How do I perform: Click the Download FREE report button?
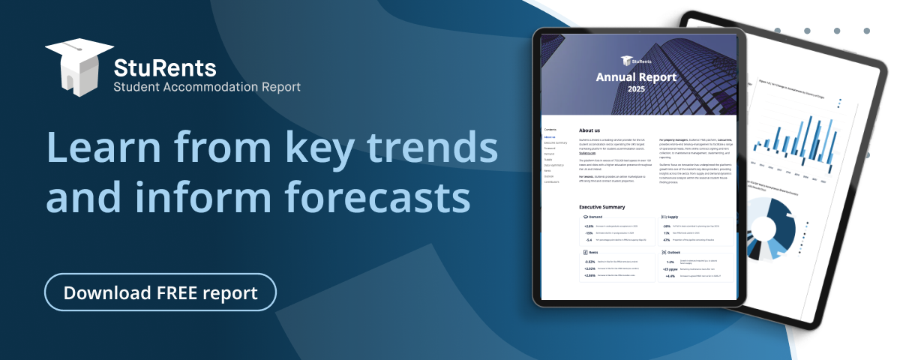tap(160, 292)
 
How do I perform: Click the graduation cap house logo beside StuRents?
tap(75, 68)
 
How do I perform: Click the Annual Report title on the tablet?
tap(636, 76)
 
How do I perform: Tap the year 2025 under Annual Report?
tap(636, 90)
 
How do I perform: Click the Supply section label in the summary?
tap(673, 217)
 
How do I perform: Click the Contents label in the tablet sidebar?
tap(550, 130)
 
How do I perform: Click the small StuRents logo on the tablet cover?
tap(636, 61)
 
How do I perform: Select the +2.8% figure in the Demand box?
tap(589, 226)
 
